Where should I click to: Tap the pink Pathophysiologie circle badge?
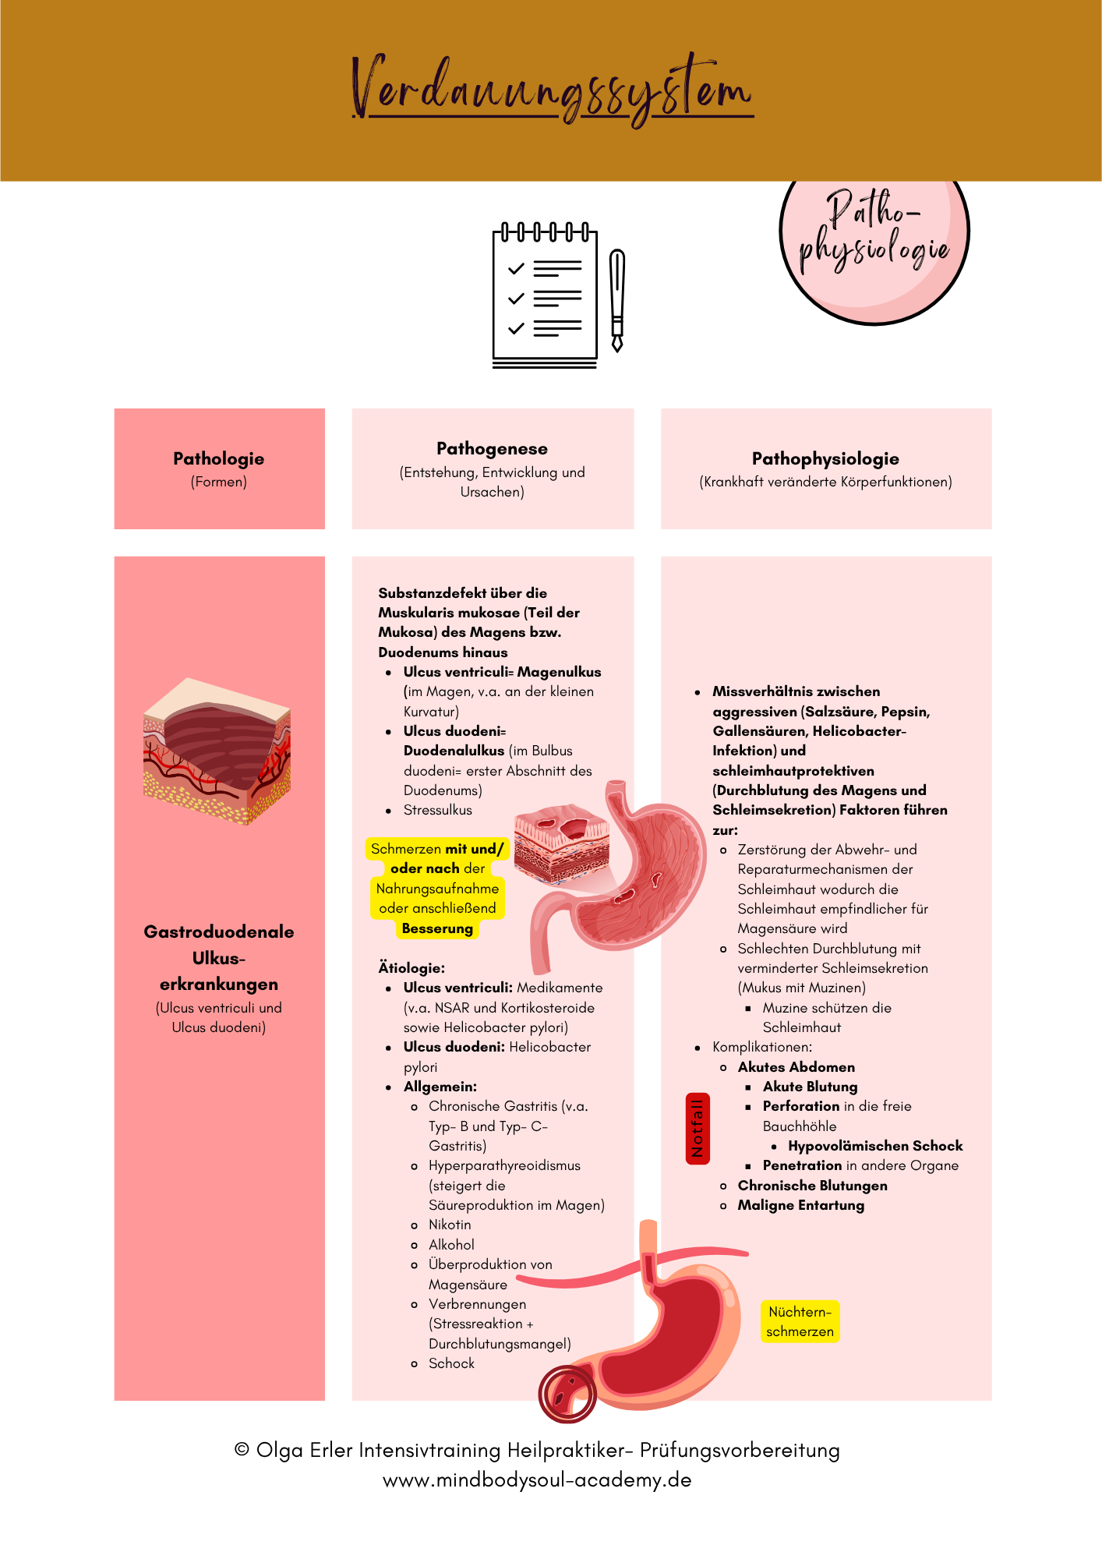pyautogui.click(x=874, y=234)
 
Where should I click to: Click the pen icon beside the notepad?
pyautogui.click(x=617, y=300)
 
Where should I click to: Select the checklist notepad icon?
pyautogui.click(x=545, y=297)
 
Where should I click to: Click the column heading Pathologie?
pyautogui.click(x=219, y=458)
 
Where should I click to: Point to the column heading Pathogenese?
pyautogui.click(x=492, y=448)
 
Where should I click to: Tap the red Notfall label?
pyautogui.click(x=698, y=1128)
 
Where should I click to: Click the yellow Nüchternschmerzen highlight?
pyautogui.click(x=800, y=1321)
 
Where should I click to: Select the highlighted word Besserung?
pyautogui.click(x=437, y=928)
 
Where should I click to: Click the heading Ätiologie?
pyautogui.click(x=411, y=968)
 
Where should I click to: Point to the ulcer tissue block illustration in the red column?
pyautogui.click(x=217, y=750)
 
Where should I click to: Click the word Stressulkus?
pyautogui.click(x=437, y=810)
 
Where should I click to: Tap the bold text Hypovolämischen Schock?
pyautogui.click(x=875, y=1146)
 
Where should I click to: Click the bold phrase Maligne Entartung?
pyautogui.click(x=800, y=1205)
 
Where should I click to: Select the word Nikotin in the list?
pyautogui.click(x=450, y=1225)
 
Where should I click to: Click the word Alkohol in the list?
pyautogui.click(x=451, y=1245)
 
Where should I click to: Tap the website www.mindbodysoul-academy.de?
pyautogui.click(x=537, y=1479)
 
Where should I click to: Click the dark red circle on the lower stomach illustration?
pyautogui.click(x=567, y=1394)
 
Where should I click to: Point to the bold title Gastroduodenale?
pyautogui.click(x=219, y=932)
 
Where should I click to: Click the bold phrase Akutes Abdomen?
pyautogui.click(x=796, y=1067)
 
